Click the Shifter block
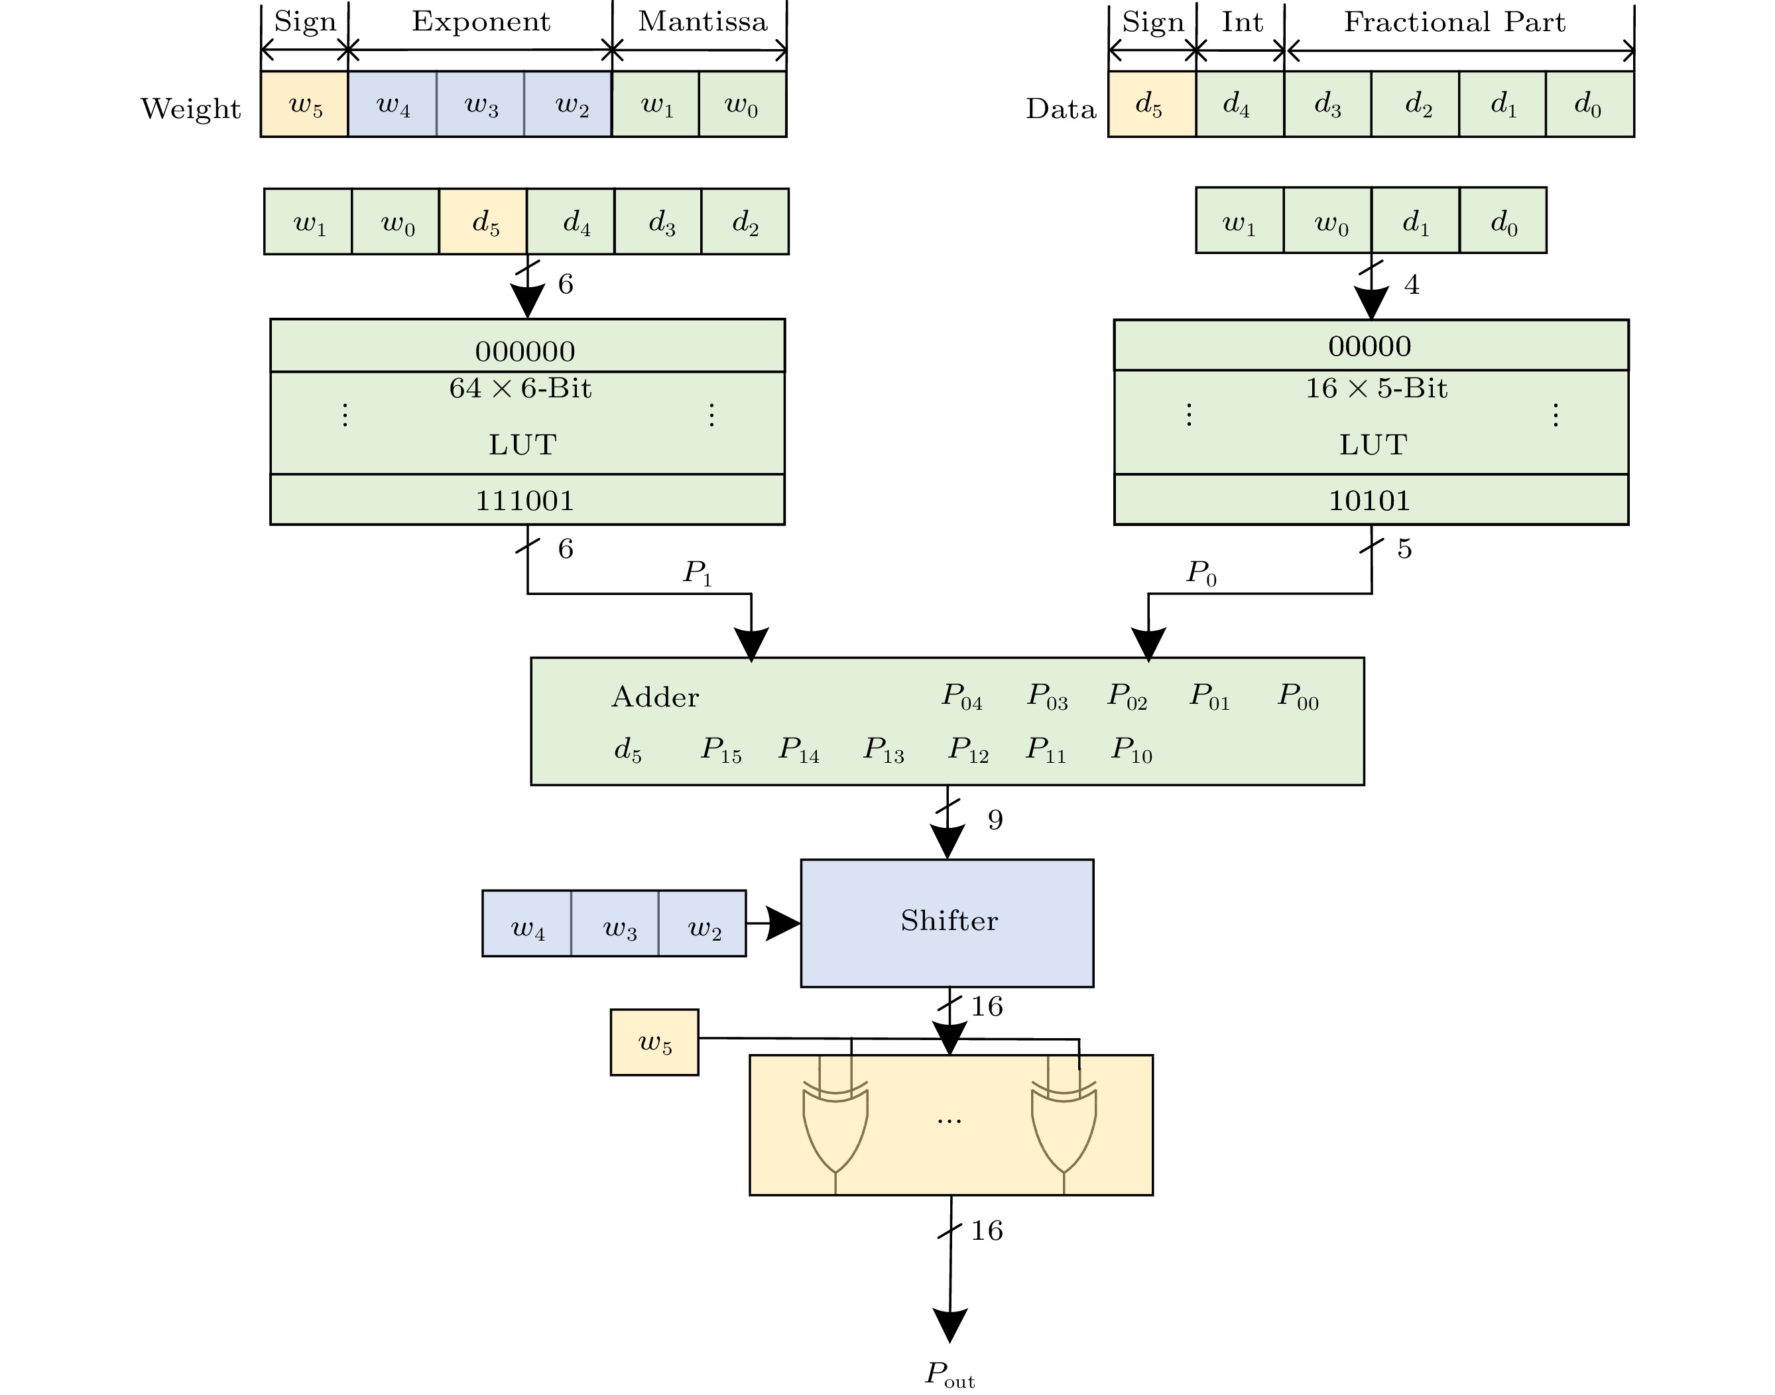coord(947,922)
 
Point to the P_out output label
coord(949,1374)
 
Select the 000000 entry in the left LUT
coord(525,351)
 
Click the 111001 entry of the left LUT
coord(525,500)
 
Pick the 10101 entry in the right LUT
coord(1369,500)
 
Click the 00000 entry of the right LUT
coord(1369,346)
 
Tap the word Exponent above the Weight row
coord(481,22)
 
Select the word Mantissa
coord(702,22)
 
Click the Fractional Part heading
coord(1454,22)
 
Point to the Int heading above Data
coord(1242,22)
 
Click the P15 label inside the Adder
coord(721,750)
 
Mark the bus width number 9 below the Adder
coord(995,820)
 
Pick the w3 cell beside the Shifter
coord(619,924)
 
